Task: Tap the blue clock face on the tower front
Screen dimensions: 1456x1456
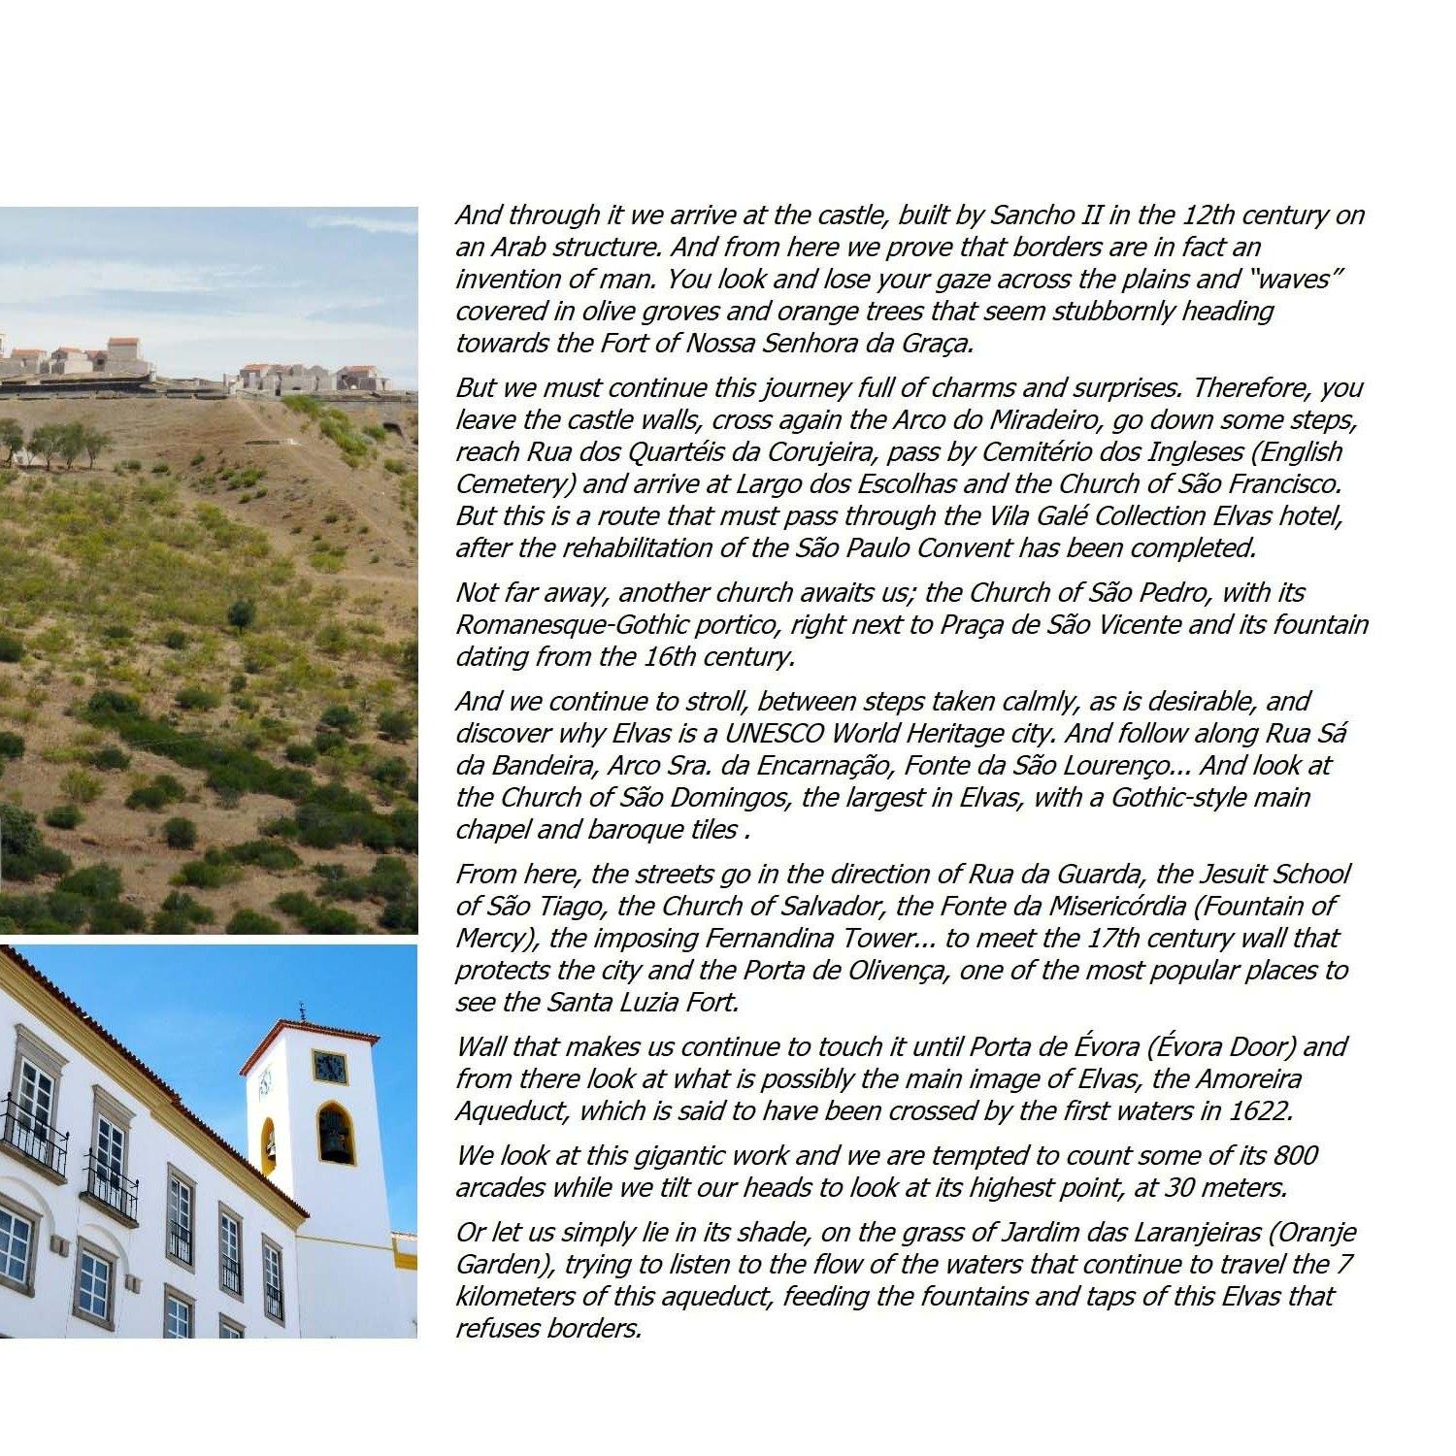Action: click(330, 1067)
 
